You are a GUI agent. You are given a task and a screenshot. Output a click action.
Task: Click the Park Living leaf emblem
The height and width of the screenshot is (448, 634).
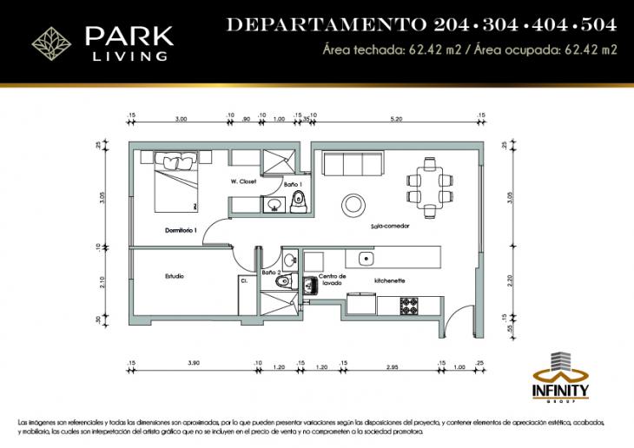(47, 40)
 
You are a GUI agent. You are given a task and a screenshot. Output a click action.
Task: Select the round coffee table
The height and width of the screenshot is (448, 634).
(353, 203)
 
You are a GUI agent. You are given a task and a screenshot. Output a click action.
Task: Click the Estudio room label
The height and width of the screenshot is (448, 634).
(175, 276)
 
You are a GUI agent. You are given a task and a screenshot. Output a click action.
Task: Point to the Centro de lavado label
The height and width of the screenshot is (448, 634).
(333, 280)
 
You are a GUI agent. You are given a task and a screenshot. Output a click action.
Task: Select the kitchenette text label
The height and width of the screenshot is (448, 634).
(390, 281)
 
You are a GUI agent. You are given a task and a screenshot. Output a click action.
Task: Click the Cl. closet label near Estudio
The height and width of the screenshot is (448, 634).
(245, 280)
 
